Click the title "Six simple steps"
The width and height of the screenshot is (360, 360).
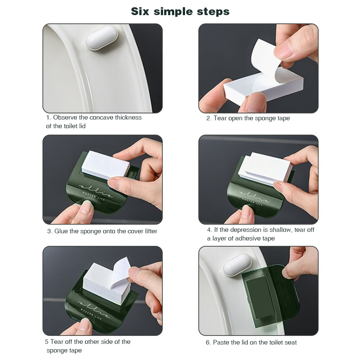180,11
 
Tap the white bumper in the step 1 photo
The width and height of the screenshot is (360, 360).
102,38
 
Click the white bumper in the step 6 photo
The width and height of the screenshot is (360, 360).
237,265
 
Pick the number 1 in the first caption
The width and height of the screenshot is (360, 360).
48,117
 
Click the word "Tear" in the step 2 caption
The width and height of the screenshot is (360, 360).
221,118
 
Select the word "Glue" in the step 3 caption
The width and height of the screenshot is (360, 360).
61,231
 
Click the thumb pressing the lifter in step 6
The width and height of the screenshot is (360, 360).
293,268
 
